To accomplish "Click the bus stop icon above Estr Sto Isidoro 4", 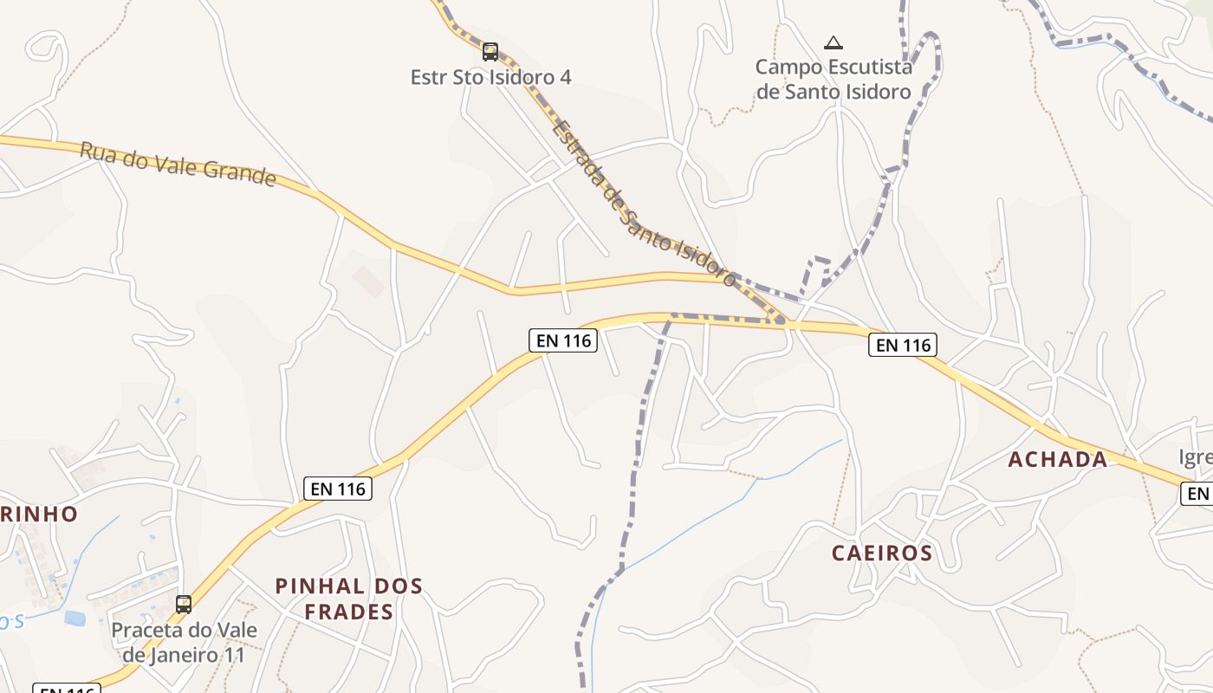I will [490, 52].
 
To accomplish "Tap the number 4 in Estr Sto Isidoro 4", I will [566, 77].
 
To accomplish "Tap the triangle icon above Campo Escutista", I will [834, 42].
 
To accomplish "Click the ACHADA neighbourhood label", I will [1058, 460].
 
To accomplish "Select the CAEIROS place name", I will [882, 553].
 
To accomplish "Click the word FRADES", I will [349, 612].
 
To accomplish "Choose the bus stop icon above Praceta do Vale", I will [184, 604].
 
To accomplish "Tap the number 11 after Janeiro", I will [235, 655].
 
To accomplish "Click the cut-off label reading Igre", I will [1196, 457].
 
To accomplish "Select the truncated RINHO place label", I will [39, 514].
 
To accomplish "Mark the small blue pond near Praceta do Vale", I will [75, 619].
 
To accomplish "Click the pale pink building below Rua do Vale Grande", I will [368, 282].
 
